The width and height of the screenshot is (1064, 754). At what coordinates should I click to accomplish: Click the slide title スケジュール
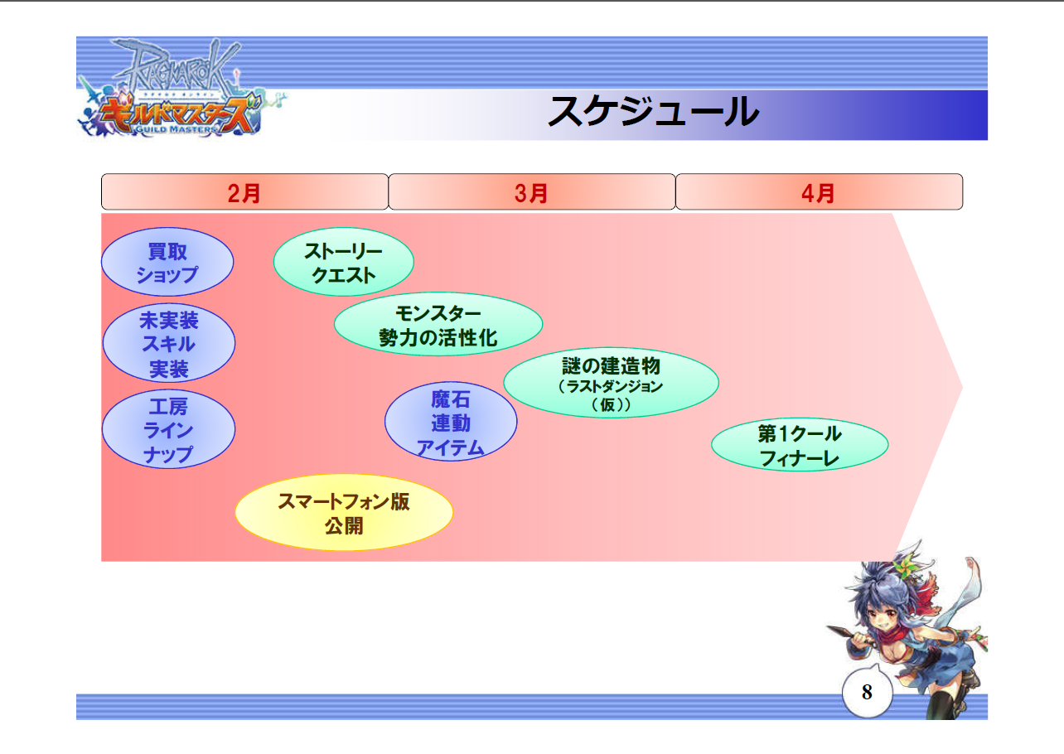[653, 112]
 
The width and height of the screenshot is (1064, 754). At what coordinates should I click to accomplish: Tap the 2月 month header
[244, 192]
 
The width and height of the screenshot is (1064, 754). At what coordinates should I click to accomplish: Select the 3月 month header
[531, 192]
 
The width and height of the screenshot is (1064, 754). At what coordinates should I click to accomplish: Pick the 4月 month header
[819, 192]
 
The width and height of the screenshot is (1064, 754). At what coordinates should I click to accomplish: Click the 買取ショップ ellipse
[167, 262]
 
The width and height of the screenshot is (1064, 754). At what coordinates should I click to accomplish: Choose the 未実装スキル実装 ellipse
[169, 343]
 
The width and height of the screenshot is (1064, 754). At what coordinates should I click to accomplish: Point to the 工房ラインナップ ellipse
[169, 430]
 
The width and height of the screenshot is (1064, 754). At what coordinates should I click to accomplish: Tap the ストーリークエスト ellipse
[343, 262]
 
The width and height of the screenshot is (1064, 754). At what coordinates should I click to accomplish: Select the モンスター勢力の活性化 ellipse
[438, 325]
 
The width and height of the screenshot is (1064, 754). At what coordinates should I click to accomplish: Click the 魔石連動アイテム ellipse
[451, 423]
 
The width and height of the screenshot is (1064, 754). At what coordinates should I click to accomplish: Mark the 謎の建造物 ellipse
[611, 382]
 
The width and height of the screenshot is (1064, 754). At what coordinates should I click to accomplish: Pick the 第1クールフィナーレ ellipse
[800, 445]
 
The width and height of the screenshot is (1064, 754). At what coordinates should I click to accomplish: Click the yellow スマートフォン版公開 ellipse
[344, 513]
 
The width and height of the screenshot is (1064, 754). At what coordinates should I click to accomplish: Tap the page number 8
[867, 693]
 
